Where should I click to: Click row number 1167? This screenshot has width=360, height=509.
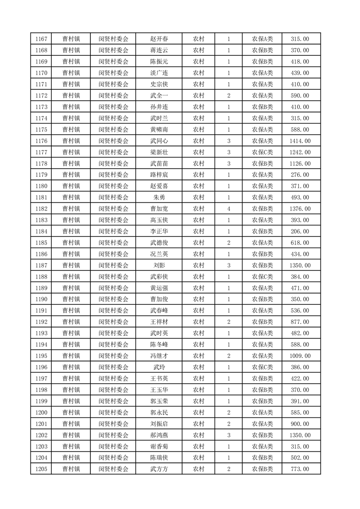tap(41, 39)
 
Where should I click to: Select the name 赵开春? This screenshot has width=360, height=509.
tap(159, 39)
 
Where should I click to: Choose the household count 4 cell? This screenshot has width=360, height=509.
tap(228, 209)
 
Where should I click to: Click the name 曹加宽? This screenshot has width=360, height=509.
tap(159, 209)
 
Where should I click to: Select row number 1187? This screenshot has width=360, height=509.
tap(41, 265)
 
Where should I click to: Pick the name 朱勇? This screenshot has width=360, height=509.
tap(159, 197)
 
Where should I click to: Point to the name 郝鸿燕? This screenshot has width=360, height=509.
tap(159, 435)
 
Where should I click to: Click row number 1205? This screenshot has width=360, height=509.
tap(41, 469)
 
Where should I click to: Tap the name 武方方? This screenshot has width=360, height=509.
tap(159, 469)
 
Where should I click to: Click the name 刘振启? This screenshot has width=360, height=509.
tap(159, 424)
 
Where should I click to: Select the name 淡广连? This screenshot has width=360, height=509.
tap(159, 73)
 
